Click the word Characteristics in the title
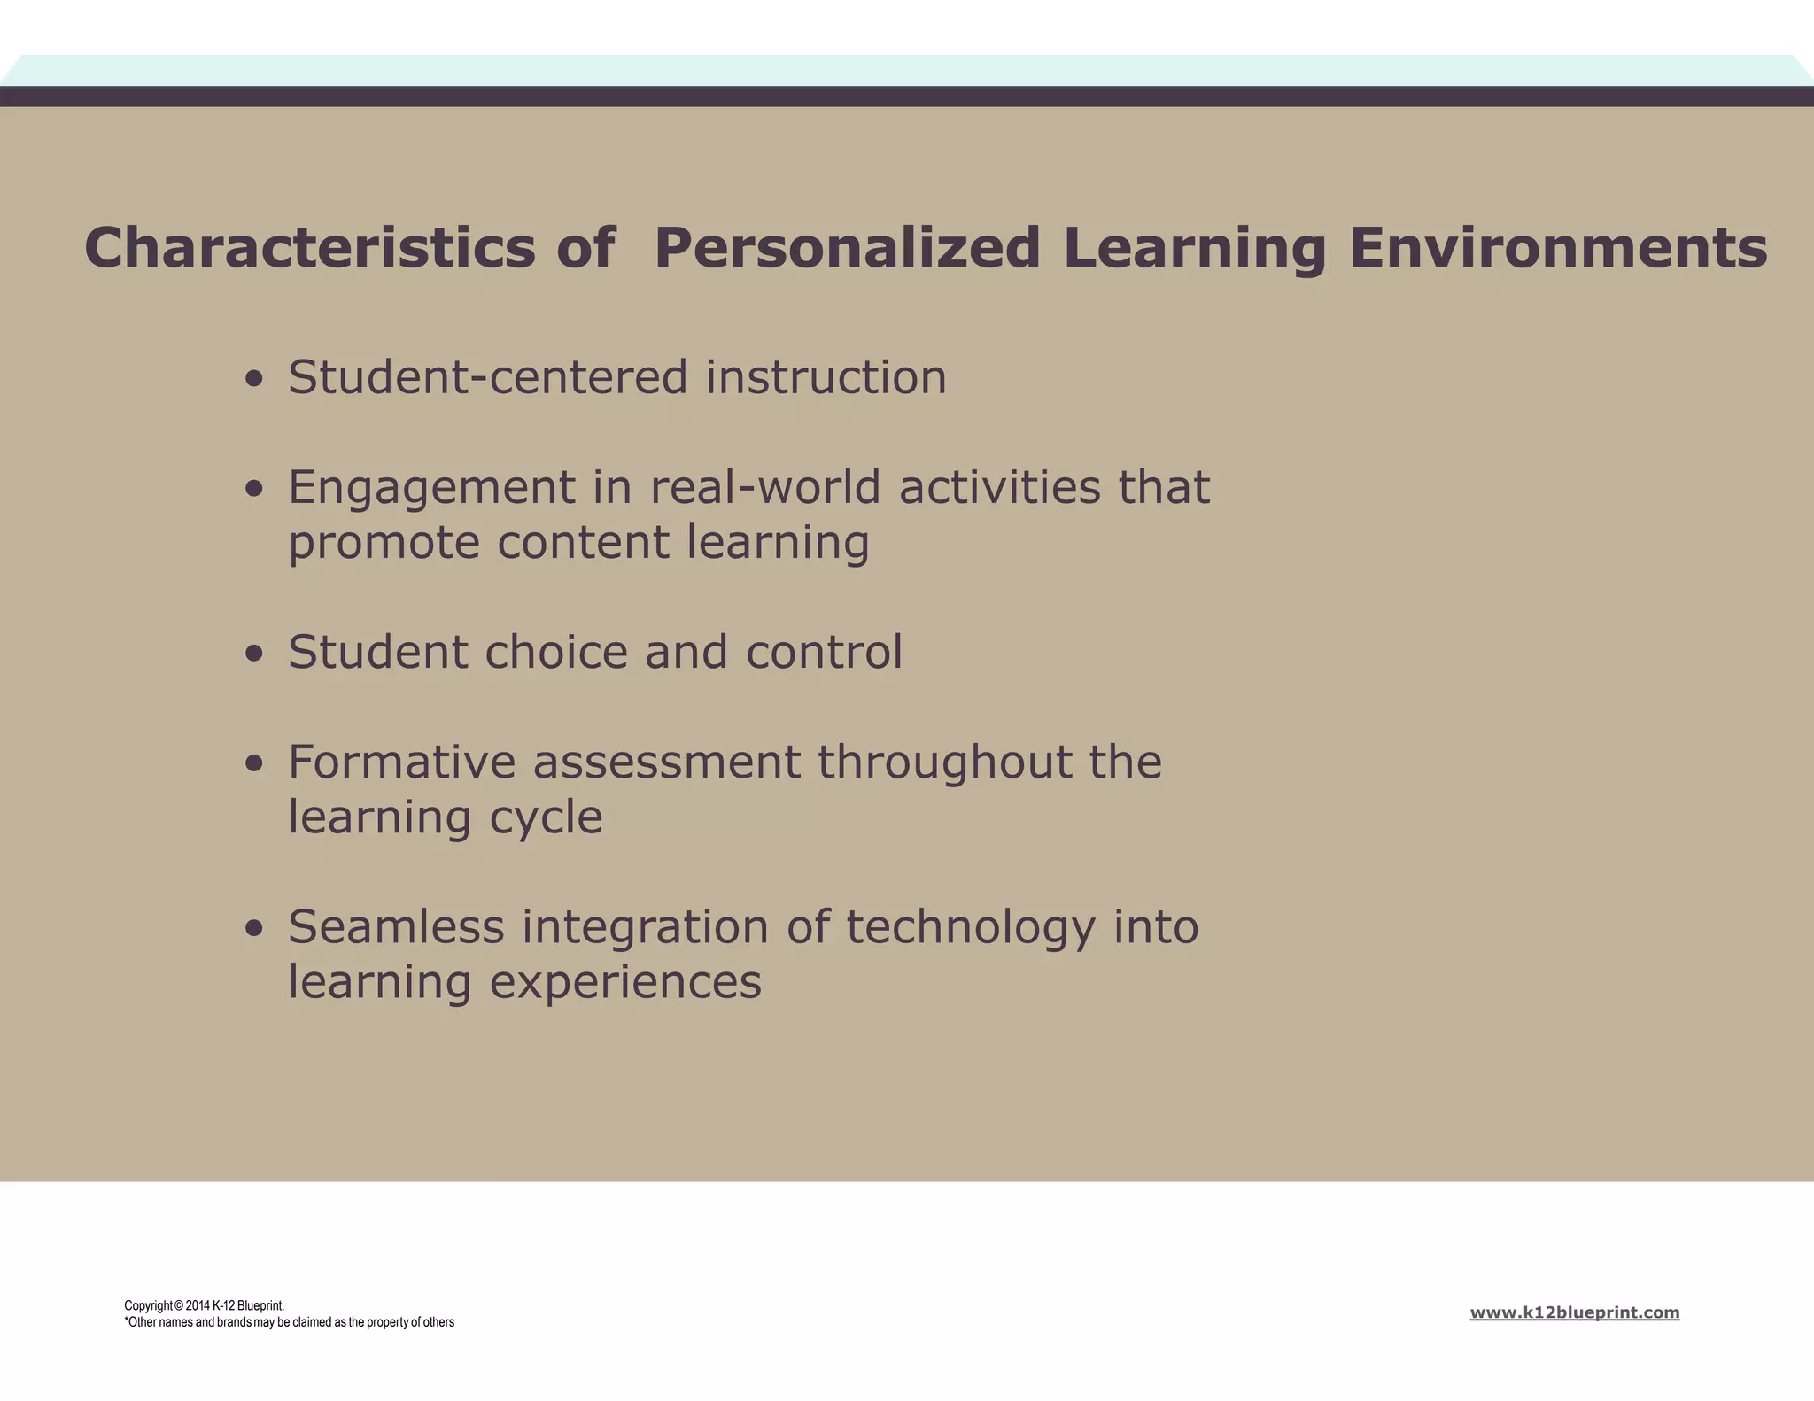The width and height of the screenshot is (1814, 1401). pyautogui.click(x=310, y=248)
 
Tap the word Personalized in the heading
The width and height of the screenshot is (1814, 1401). pyautogui.click(x=847, y=248)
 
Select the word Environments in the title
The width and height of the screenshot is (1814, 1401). pyautogui.click(x=1558, y=248)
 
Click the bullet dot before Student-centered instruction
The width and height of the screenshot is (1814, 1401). pyautogui.click(x=255, y=380)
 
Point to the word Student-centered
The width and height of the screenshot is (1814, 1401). pyautogui.click(x=488, y=377)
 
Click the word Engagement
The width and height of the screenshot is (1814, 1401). pyautogui.click(x=432, y=489)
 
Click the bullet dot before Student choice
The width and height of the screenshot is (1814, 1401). pyautogui.click(x=255, y=654)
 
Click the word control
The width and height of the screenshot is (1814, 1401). pyautogui.click(x=824, y=652)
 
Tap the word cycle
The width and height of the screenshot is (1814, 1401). pyautogui.click(x=546, y=817)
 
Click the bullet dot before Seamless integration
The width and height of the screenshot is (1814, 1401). pyautogui.click(x=255, y=929)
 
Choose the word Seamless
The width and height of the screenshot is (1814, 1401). pyautogui.click(x=396, y=927)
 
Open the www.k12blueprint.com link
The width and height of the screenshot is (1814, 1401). pyautogui.click(x=1574, y=1312)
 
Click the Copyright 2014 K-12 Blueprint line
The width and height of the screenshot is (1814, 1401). pyautogui.click(x=204, y=1305)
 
